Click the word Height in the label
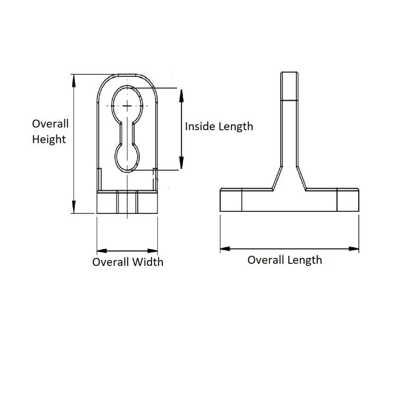pyautogui.click(x=49, y=140)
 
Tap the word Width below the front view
pyautogui.click(x=147, y=262)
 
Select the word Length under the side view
pyautogui.click(x=305, y=260)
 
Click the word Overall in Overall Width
pyautogui.click(x=110, y=262)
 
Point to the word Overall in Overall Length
pyautogui.click(x=266, y=260)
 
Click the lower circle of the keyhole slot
pyautogui.click(x=129, y=156)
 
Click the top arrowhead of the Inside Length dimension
pyautogui.click(x=182, y=93)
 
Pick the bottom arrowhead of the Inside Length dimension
pyautogui.click(x=182, y=166)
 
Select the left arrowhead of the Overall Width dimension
pyautogui.click(x=99, y=249)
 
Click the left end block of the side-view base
pyautogui.click(x=231, y=201)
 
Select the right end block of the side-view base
pyautogui.click(x=347, y=201)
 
